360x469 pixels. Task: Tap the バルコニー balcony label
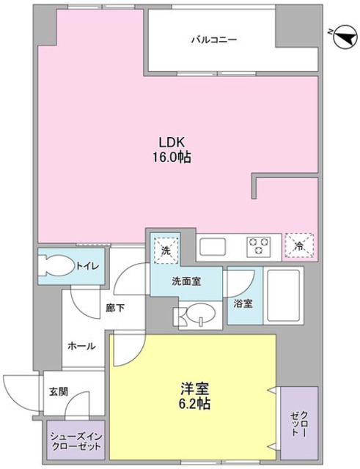pyautogui.click(x=214, y=39)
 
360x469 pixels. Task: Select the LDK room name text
pyautogui.click(x=172, y=143)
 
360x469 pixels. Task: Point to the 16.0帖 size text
pyautogui.click(x=172, y=157)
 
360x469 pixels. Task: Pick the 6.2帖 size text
pyautogui.click(x=194, y=404)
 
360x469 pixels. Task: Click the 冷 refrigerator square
pyautogui.click(x=298, y=246)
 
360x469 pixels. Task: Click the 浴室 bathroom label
pyautogui.click(x=243, y=303)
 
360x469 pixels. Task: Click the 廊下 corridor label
pyautogui.click(x=114, y=308)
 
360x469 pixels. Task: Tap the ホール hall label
pyautogui.click(x=81, y=345)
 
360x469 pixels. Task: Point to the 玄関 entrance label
pyautogui.click(x=58, y=392)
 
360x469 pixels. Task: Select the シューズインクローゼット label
pyautogui.click(x=76, y=441)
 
